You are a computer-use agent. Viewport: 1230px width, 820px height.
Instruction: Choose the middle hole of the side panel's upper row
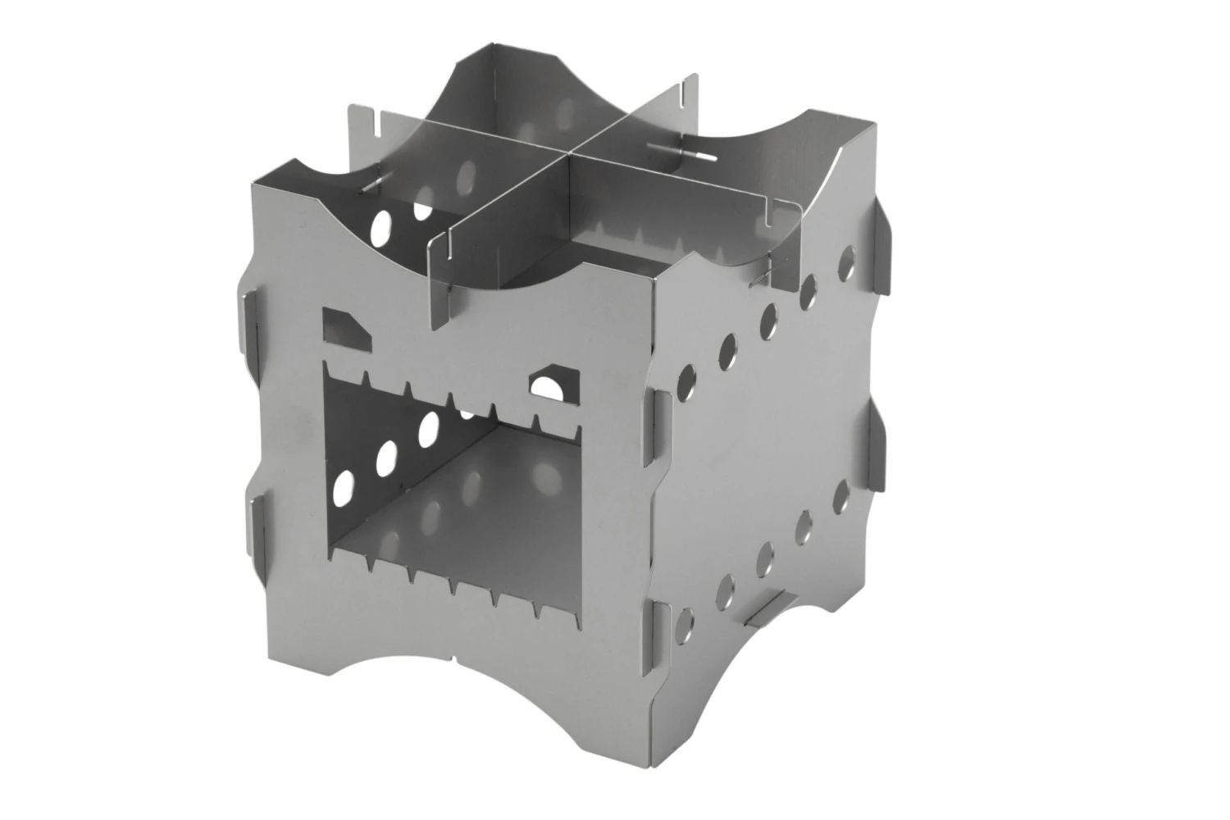(769, 320)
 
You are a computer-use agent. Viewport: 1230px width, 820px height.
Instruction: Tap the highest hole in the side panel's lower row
(841, 494)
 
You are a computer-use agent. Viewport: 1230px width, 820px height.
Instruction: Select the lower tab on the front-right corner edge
(661, 635)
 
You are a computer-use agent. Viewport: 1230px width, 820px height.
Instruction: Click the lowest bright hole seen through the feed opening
(345, 485)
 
